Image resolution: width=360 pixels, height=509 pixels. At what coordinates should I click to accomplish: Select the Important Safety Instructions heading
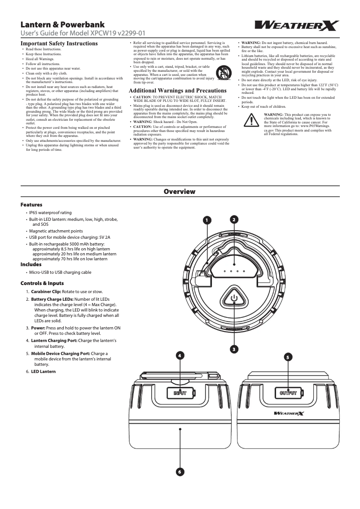59,44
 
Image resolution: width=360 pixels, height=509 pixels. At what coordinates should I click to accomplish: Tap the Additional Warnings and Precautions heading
178,91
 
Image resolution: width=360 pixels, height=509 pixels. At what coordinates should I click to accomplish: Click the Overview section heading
180,192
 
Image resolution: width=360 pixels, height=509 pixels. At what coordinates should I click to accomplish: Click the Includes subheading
31,264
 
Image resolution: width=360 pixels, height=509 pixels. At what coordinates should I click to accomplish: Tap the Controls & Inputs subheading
42,283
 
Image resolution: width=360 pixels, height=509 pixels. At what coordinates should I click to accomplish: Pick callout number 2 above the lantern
234,219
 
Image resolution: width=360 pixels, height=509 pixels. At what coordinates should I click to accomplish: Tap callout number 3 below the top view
234,349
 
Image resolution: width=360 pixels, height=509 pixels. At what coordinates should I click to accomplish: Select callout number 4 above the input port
180,356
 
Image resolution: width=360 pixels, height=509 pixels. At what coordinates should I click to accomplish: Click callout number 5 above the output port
288,357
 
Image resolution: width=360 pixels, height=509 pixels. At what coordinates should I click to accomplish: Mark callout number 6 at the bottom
180,472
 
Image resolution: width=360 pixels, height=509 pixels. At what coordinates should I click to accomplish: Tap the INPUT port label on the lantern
180,393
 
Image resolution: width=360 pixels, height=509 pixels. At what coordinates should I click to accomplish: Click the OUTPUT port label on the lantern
288,393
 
